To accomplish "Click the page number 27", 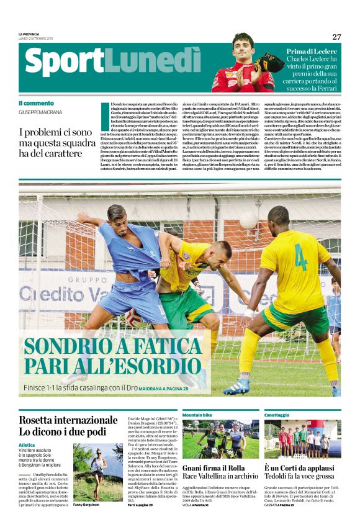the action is (x=336, y=37).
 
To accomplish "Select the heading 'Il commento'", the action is (x=36, y=103).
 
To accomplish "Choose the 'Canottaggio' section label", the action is (x=277, y=414).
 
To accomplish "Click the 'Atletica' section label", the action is (x=27, y=444).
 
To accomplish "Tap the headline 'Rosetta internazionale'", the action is (x=68, y=420).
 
